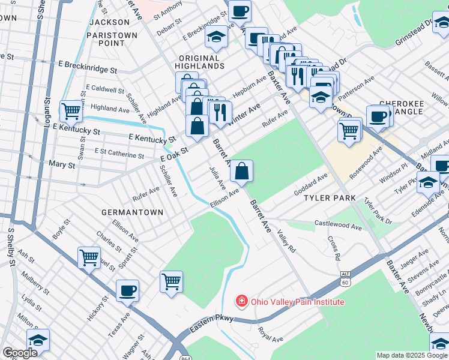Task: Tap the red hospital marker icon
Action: pos(241,301)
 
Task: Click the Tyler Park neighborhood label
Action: pos(330,198)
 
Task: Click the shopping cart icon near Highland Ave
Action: pos(71,112)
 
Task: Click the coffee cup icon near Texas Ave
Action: pos(127,292)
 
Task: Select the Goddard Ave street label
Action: pos(310,184)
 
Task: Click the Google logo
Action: pos(20,353)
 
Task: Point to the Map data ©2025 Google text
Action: pos(411,355)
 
